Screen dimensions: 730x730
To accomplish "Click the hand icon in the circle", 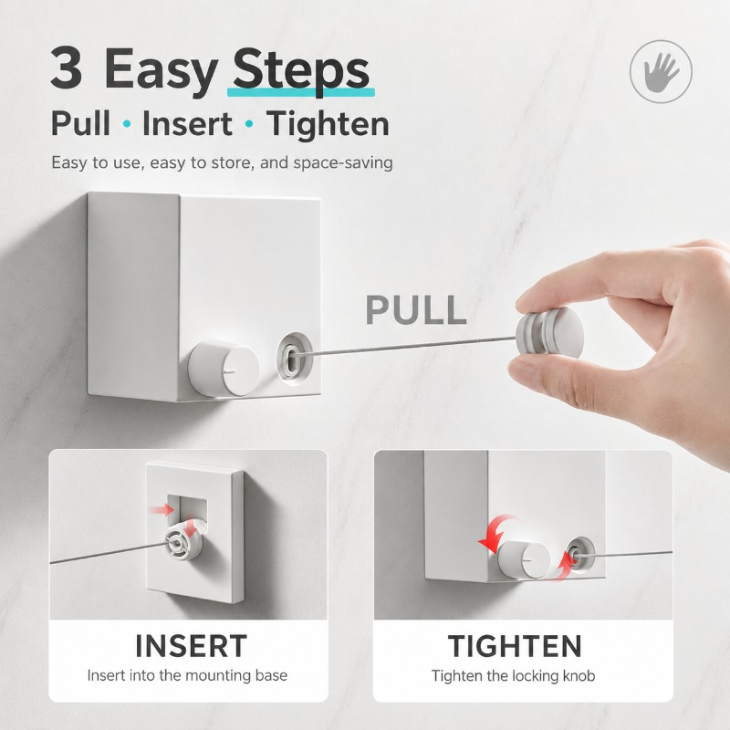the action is [661, 72].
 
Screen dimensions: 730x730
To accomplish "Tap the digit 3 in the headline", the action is [67, 68].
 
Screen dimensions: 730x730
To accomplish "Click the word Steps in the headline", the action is [301, 71].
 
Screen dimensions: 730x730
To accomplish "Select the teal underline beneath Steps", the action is [301, 93].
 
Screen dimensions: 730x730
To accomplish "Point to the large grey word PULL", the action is [416, 309].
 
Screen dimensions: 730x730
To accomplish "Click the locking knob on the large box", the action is [224, 369].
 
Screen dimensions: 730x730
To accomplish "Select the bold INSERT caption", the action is [191, 646].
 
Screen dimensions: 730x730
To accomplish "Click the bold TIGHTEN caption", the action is [515, 646].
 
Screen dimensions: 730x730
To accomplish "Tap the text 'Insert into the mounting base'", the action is [187, 675].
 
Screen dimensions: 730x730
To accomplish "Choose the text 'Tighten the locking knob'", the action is [513, 675].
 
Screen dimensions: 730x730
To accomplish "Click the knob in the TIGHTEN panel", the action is [523, 559].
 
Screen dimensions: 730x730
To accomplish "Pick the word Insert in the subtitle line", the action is [187, 124].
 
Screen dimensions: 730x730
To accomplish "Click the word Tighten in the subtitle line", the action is [328, 125].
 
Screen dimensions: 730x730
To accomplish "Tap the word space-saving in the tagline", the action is [343, 163].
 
